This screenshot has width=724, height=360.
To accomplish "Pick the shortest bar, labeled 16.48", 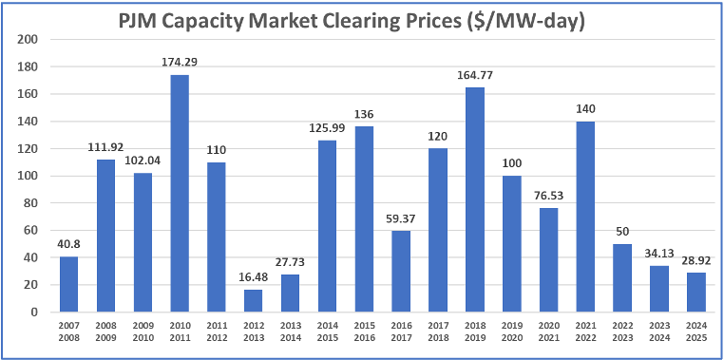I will tap(253, 300).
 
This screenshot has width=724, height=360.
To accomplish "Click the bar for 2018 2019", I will tap(475, 199).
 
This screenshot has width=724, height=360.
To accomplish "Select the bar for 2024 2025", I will tap(697, 292).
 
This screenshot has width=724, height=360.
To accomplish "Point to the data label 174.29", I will tap(179, 63).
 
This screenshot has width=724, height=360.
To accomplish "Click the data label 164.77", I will tap(475, 76).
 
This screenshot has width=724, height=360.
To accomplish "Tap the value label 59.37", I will tap(401, 219).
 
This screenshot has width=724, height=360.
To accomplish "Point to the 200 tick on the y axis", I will tap(28, 39).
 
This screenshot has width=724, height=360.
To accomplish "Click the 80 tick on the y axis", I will tap(30, 202).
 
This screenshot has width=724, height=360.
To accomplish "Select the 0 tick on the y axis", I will tap(33, 312).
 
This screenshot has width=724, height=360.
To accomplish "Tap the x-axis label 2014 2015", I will tap(327, 331).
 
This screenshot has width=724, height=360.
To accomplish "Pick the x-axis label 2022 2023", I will tap(623, 331).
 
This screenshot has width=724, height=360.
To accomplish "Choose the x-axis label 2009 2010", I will tap(142, 331).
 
